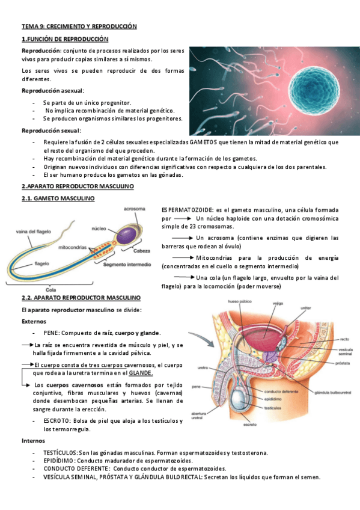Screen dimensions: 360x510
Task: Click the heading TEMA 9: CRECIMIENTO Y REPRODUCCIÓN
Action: click(79, 26)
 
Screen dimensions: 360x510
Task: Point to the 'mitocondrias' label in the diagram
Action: click(75, 247)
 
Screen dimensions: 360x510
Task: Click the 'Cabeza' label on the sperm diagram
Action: click(142, 251)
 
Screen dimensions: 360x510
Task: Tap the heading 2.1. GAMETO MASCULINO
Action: click(58, 198)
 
